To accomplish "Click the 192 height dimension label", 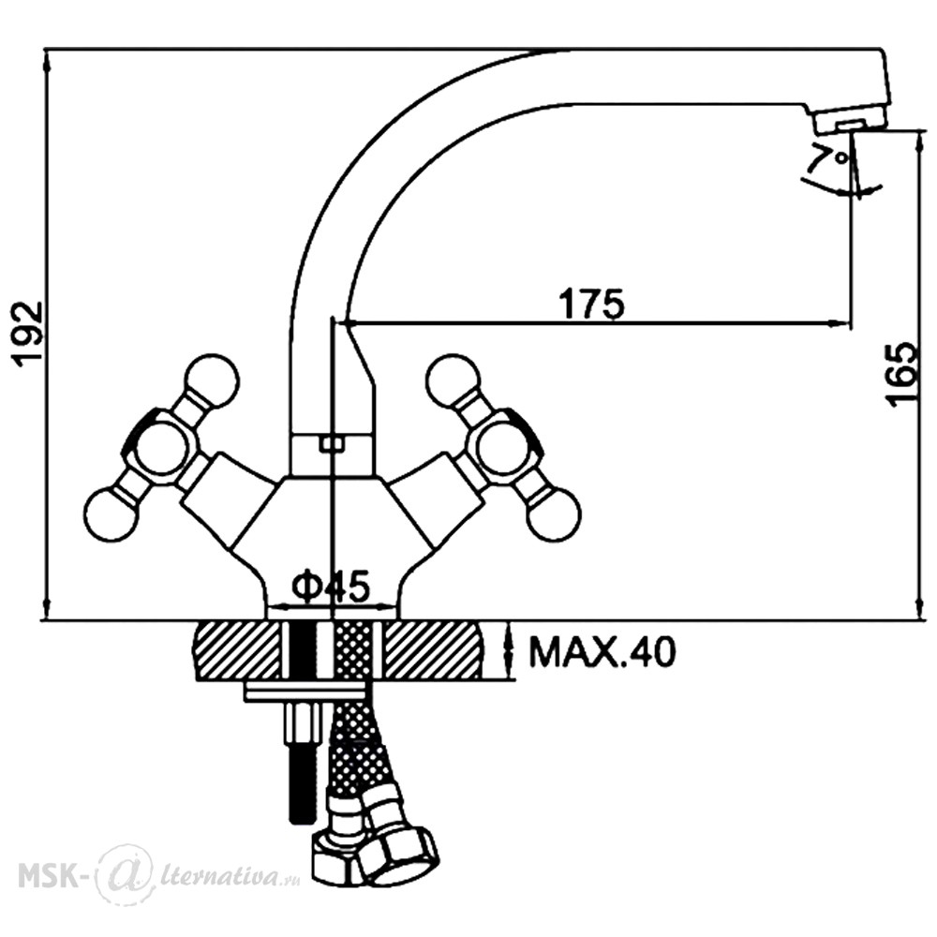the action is pyautogui.click(x=29, y=335).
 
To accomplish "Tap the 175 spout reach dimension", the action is pyautogui.click(x=591, y=304).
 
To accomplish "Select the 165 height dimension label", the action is pyautogui.click(x=901, y=375).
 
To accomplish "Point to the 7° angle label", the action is pyautogui.click(x=829, y=157).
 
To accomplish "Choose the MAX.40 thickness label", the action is pyautogui.click(x=602, y=652).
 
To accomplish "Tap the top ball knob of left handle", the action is pyautogui.click(x=212, y=381).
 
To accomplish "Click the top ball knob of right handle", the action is pyautogui.click(x=454, y=381).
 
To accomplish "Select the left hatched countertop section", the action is pyautogui.click(x=237, y=650).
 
